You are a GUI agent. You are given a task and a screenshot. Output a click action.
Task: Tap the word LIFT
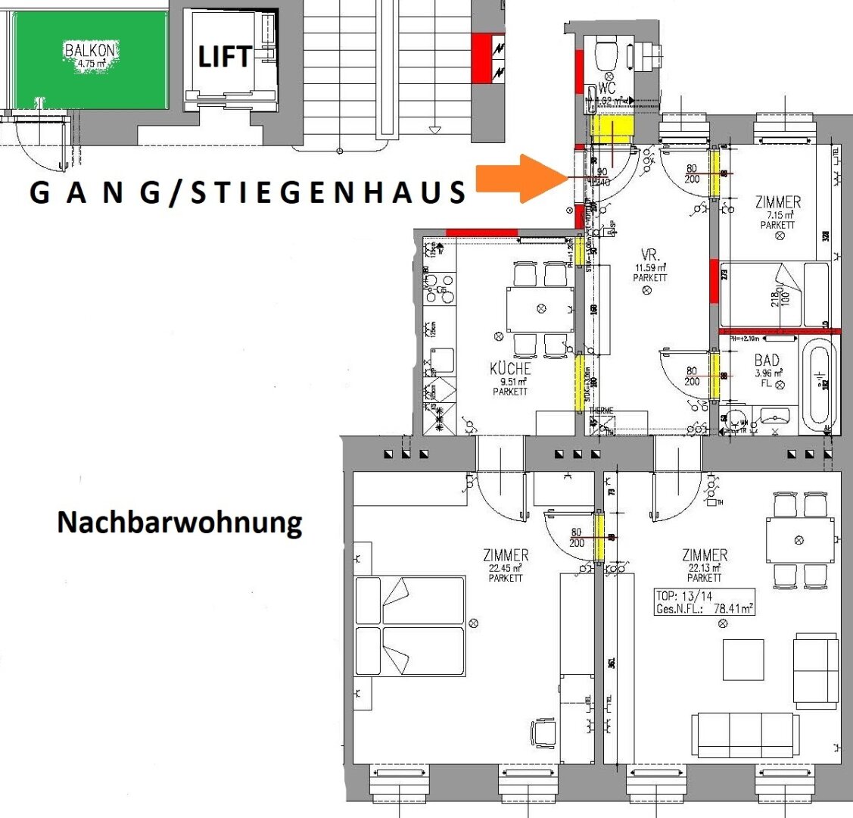pos(224,57)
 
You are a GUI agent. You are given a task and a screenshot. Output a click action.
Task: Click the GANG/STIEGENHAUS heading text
pos(247,192)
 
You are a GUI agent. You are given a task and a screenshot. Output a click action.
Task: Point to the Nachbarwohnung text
pos(179,522)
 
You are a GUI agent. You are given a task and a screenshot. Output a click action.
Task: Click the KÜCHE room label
pos(510,369)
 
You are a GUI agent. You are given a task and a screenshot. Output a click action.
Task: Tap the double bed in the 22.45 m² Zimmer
pos(409,626)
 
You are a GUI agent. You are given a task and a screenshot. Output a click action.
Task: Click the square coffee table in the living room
pos(742,660)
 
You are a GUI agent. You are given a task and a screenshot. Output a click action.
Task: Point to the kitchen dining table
pos(540,309)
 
